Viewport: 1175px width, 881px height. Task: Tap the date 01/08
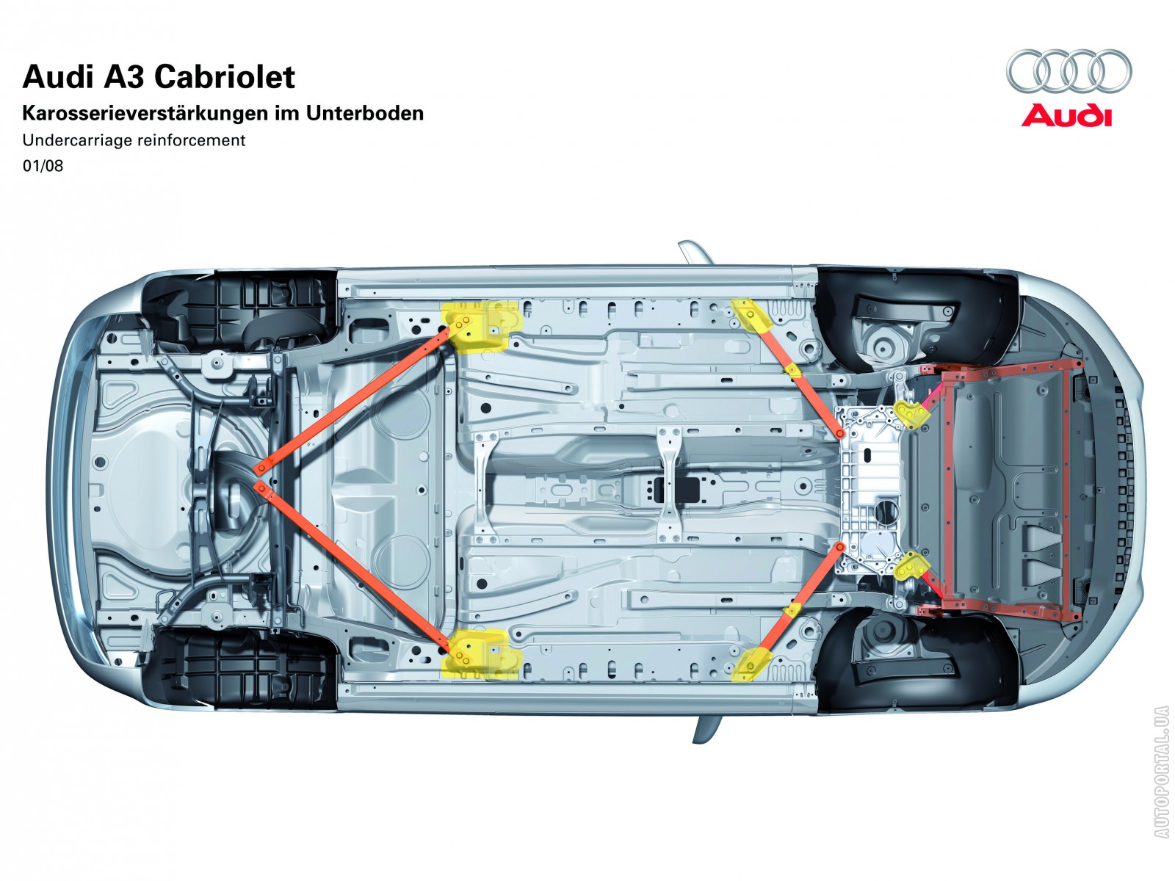(43, 166)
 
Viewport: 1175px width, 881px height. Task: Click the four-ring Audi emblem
(1069, 71)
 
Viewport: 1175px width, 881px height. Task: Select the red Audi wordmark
(1066, 116)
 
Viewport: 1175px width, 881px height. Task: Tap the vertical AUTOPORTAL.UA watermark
(1161, 771)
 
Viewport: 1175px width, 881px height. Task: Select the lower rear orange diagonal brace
(352, 565)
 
